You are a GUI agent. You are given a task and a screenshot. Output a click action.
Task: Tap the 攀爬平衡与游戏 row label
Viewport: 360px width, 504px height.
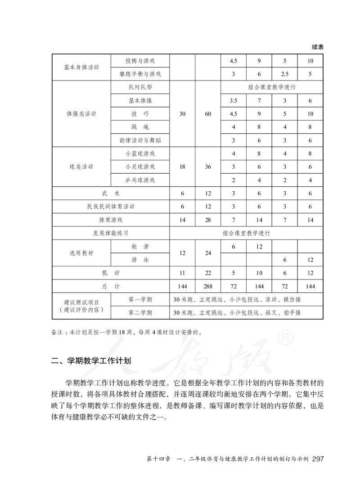tap(139, 74)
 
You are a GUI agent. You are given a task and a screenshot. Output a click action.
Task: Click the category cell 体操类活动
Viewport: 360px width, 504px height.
tap(81, 114)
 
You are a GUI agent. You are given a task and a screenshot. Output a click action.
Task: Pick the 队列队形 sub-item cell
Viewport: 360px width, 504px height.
tap(139, 87)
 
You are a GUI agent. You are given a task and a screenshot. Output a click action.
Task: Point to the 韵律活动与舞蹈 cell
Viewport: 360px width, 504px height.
tap(139, 140)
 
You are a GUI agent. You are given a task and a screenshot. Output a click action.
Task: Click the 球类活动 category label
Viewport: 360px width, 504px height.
tap(81, 167)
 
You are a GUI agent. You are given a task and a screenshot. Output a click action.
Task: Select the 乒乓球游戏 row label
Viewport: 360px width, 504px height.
tap(139, 180)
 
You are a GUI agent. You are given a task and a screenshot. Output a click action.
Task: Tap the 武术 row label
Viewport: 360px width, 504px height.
tap(110, 193)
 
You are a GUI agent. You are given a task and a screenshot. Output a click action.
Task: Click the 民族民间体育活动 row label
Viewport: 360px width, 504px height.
tap(110, 207)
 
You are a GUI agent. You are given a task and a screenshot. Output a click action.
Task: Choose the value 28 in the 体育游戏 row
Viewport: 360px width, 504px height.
tap(207, 220)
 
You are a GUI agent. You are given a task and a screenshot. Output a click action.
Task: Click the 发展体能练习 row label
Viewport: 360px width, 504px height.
tap(110, 233)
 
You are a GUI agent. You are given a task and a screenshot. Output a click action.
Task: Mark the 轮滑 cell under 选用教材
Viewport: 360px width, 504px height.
tap(139, 247)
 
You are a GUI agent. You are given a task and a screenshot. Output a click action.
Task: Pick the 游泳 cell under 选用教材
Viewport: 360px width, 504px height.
tap(139, 260)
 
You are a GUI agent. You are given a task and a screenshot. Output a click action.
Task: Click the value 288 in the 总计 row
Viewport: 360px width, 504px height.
tap(207, 286)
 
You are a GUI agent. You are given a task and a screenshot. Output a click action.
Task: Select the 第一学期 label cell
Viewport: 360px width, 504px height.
tap(139, 300)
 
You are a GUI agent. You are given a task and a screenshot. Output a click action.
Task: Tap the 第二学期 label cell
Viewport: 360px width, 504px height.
tap(139, 312)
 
